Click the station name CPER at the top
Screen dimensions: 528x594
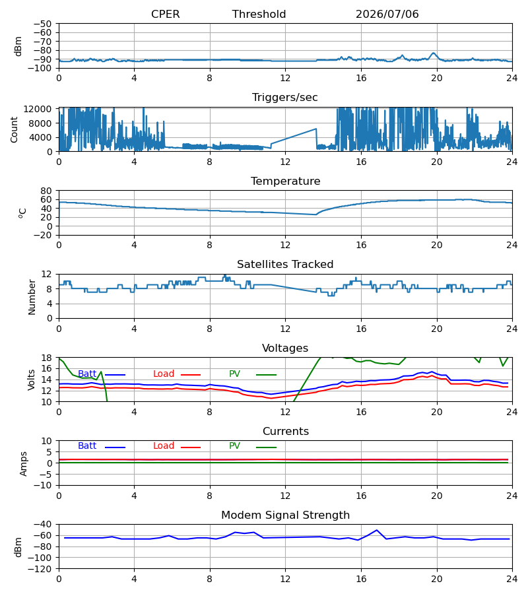point(165,14)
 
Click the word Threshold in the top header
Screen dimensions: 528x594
point(259,14)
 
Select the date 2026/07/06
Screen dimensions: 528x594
point(387,14)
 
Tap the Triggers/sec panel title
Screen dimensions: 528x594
point(285,98)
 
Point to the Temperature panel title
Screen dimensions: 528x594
point(285,181)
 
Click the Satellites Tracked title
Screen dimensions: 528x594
point(285,265)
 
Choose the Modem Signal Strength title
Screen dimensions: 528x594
point(285,515)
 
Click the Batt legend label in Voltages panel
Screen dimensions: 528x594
point(87,374)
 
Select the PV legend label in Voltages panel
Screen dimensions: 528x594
point(234,374)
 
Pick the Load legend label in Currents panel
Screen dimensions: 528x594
point(164,446)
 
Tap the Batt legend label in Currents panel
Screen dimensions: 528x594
point(87,446)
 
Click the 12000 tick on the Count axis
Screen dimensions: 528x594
point(38,109)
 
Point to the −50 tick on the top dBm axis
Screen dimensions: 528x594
point(42,24)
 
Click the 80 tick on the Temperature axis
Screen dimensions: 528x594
point(46,191)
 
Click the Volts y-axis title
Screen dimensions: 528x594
point(31,379)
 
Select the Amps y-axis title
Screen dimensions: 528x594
point(24,463)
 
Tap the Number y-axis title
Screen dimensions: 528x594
point(32,296)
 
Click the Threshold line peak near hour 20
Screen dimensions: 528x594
point(434,53)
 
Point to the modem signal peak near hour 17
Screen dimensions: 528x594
point(376,530)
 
